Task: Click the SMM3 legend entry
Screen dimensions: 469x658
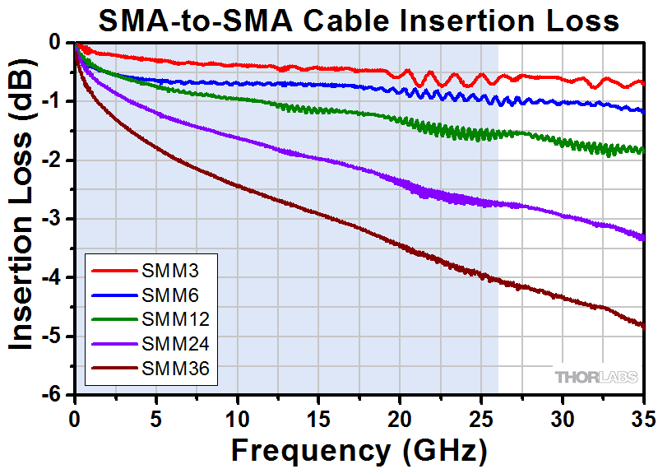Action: coord(153,270)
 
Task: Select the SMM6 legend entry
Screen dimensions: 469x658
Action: coord(153,294)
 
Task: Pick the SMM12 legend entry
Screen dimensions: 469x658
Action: coord(153,318)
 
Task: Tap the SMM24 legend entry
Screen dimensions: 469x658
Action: coord(153,342)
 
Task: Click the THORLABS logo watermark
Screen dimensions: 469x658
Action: coord(595,376)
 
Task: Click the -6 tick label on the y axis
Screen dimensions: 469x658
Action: coord(55,394)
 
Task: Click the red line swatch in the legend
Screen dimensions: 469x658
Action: coord(109,270)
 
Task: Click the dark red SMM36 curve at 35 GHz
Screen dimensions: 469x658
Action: coord(642,326)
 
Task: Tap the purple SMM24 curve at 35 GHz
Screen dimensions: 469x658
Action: coord(642,239)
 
